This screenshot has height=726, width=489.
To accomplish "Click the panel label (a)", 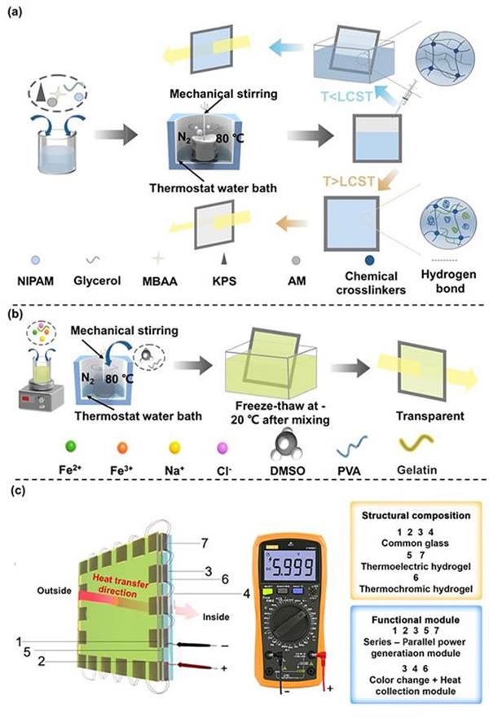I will [x=15, y=12].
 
